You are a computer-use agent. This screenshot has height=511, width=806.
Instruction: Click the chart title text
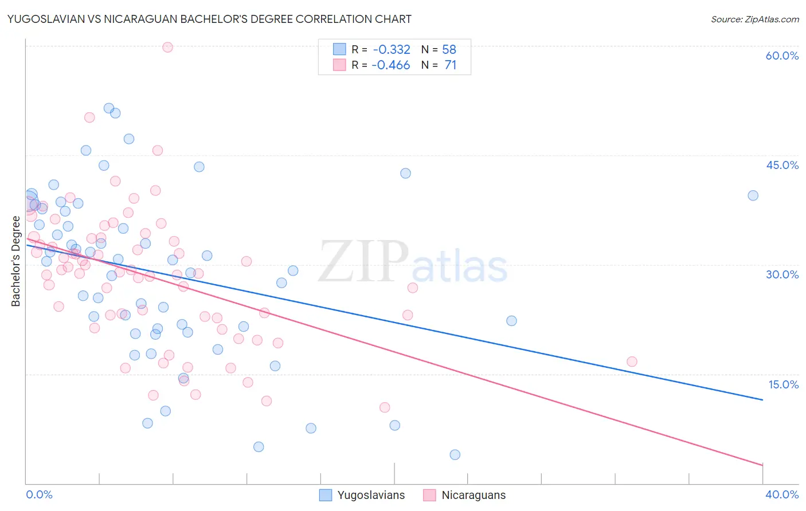pyautogui.click(x=209, y=19)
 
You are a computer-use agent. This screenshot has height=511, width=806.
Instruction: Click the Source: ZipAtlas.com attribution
pyautogui.click(x=754, y=19)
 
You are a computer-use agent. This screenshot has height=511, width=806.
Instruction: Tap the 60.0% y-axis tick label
pyautogui.click(x=782, y=56)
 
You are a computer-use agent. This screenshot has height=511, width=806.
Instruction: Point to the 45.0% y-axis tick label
pyautogui.click(x=782, y=165)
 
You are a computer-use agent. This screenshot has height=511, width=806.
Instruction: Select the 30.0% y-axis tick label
pyautogui.click(x=782, y=274)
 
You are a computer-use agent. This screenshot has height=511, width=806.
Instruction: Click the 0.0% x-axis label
pyautogui.click(x=39, y=494)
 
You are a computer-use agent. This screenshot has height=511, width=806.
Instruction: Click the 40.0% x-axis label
pyautogui.click(x=782, y=494)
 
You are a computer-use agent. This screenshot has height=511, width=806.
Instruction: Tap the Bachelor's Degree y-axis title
pyautogui.click(x=16, y=261)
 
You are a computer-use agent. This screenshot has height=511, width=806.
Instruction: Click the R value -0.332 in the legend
pyautogui.click(x=392, y=50)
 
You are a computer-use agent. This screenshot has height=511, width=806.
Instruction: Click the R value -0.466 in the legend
pyautogui.click(x=391, y=65)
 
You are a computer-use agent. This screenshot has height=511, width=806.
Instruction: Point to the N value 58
pyautogui.click(x=449, y=50)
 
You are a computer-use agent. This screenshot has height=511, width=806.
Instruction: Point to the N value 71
pyautogui.click(x=451, y=65)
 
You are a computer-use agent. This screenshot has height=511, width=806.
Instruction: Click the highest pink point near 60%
pyautogui.click(x=167, y=47)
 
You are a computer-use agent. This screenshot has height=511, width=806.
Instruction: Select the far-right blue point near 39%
pyautogui.click(x=753, y=195)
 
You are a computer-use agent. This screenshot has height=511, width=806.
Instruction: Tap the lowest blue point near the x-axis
pyautogui.click(x=455, y=455)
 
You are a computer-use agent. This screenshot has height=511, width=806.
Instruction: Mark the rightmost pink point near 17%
pyautogui.click(x=632, y=361)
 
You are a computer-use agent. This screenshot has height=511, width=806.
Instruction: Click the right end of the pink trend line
pyautogui.click(x=762, y=465)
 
